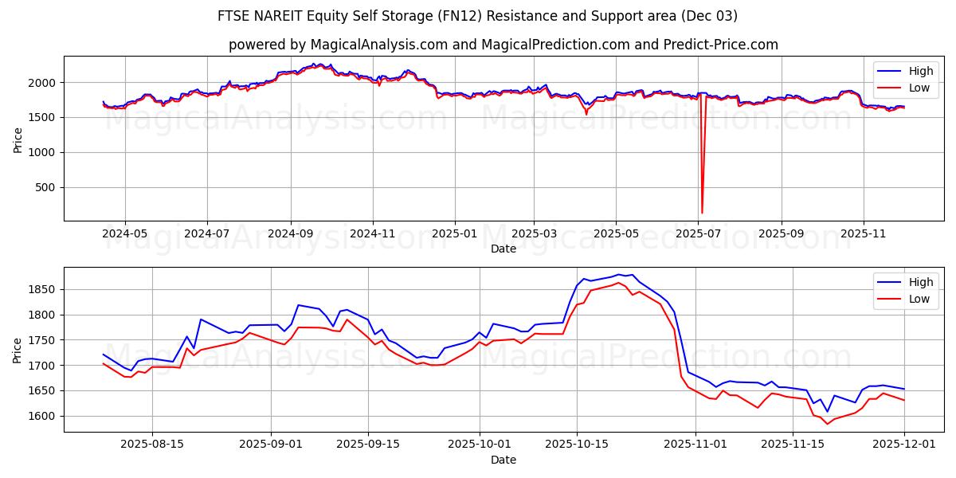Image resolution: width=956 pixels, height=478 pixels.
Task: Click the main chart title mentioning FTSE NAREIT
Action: [477, 16]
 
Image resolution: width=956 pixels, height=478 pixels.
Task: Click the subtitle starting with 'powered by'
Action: [503, 45]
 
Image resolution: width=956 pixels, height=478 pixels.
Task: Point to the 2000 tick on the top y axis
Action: [41, 83]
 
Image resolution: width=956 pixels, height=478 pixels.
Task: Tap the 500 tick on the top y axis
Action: [45, 187]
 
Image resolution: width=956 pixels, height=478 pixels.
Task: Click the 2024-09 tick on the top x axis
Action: [290, 233]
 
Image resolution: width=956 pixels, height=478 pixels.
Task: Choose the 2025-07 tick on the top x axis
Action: [698, 233]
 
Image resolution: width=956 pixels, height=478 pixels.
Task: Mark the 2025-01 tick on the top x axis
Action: [454, 233]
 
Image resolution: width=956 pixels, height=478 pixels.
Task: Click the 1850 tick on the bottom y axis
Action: [41, 290]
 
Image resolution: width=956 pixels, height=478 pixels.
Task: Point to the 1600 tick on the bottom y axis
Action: [41, 417]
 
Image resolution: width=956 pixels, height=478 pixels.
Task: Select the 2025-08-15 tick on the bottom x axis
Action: [151, 445]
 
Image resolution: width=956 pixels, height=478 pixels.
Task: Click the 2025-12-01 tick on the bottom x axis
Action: [904, 445]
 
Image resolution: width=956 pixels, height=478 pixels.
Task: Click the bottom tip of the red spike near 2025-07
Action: [702, 213]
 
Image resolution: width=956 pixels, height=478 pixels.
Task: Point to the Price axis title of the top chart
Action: [18, 139]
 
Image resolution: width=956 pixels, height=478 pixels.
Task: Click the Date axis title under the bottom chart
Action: [503, 460]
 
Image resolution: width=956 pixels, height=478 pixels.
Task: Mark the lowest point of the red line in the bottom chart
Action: [827, 424]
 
